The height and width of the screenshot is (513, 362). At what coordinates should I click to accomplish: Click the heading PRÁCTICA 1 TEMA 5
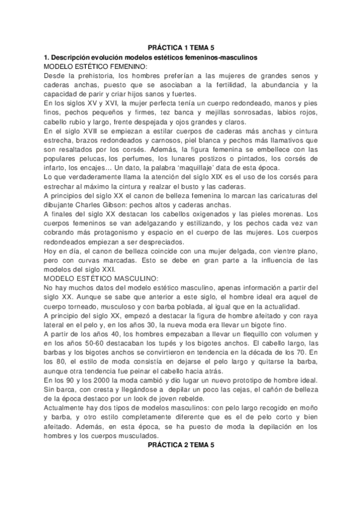point(181,47)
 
